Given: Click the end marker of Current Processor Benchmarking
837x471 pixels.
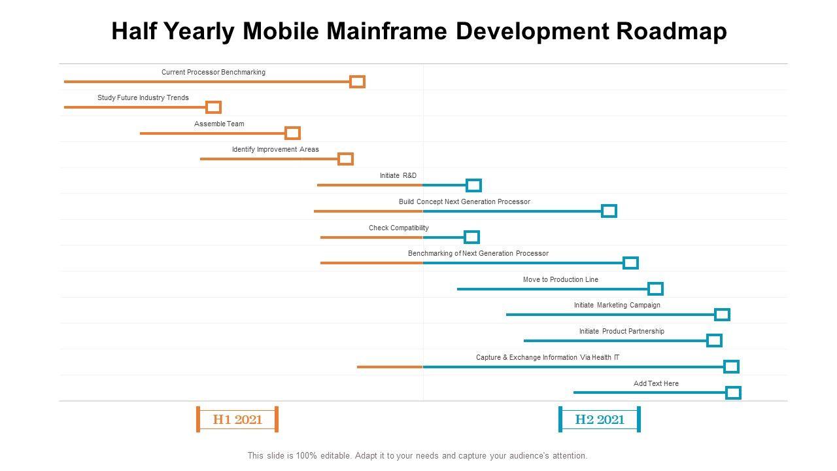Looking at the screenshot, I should point(357,82).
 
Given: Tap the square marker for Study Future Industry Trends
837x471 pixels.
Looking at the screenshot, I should point(213,107).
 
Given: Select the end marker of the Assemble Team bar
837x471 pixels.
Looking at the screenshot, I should point(293,133).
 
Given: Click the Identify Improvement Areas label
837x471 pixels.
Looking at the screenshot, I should point(275,150).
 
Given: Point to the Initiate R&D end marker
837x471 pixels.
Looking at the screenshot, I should point(473,185).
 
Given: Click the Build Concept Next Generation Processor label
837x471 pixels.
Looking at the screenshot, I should point(464,201).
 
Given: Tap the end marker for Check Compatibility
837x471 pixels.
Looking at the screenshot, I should point(471,237).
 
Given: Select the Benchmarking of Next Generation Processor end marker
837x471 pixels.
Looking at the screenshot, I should point(630,263).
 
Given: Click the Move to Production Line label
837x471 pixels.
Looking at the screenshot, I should point(560,279).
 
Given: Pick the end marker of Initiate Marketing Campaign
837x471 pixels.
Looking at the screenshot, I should point(722,315).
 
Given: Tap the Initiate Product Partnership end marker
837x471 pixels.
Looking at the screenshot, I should point(714,341).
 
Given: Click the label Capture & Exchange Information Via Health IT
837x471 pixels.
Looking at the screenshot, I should point(547,358).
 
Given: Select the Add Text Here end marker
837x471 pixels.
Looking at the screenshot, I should point(733,392).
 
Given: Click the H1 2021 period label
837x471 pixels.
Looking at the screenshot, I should point(237,420).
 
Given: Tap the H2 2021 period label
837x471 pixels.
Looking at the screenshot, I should point(600,420).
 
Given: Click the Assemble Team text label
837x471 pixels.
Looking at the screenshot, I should point(219,124).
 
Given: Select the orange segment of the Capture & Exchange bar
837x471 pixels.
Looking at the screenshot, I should point(390,367).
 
